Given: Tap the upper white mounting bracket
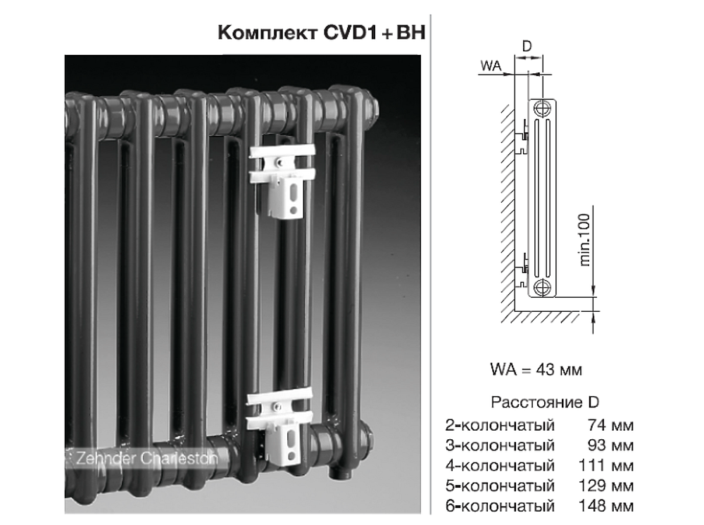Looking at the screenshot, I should (281, 179).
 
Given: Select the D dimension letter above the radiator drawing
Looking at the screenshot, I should (527, 46).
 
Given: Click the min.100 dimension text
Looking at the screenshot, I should (584, 241).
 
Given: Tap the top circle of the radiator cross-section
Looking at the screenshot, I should (542, 108).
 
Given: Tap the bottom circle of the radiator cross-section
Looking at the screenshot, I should (542, 286).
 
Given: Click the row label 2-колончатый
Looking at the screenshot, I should (501, 425).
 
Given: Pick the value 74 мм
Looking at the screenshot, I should (610, 425).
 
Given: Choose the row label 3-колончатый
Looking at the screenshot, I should (501, 445).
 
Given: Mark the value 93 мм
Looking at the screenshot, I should (610, 445).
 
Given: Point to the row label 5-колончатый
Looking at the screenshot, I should (501, 486).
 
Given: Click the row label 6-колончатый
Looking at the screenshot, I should (501, 506).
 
